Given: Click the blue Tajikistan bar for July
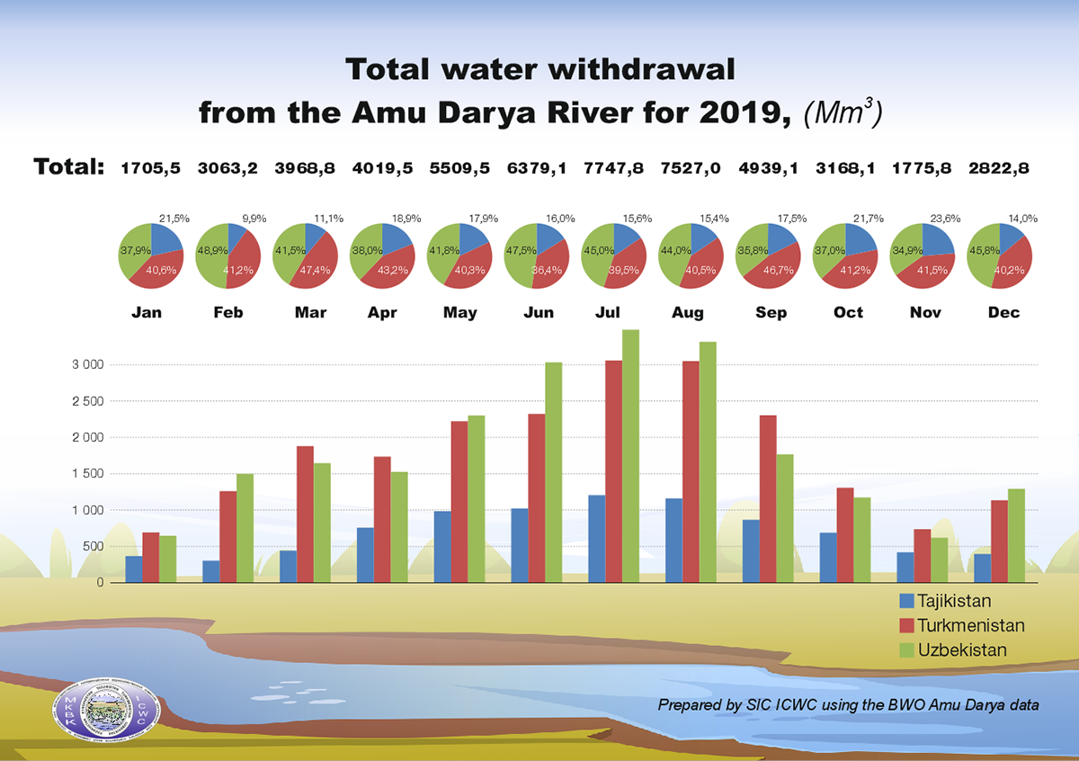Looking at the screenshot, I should pyautogui.click(x=596, y=539).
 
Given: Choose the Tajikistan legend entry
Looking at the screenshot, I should pyautogui.click(x=950, y=600).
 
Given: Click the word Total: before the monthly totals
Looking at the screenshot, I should pyautogui.click(x=69, y=167).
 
